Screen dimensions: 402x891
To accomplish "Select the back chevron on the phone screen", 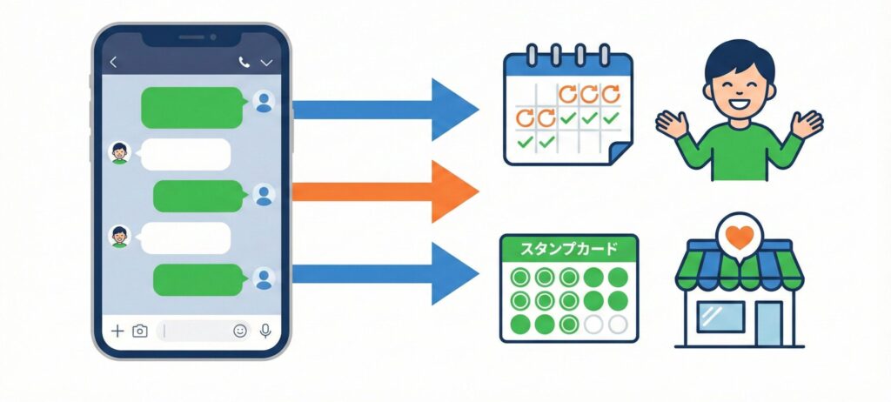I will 113,63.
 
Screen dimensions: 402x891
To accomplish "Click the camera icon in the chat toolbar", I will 139,331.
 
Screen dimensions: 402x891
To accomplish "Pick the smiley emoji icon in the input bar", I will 240,331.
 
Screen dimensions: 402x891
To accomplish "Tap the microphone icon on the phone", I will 265,331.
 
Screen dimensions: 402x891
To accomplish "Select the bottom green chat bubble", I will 197,279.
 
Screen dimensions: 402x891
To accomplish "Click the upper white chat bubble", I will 185,154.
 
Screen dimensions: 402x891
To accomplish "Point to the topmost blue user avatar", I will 264,103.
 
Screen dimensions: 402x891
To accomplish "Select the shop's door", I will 767,323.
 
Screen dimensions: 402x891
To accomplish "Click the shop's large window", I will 720,316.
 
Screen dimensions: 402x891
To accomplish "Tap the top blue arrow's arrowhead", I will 454,109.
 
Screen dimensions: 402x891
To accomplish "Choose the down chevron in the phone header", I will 267,63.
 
